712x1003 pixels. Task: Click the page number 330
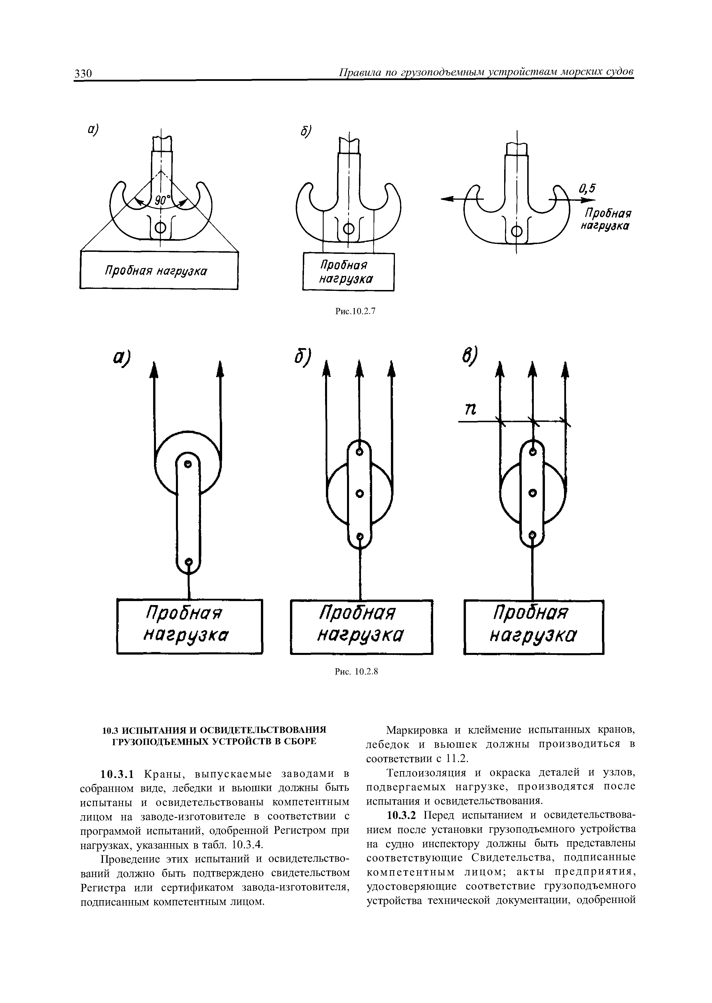point(83,73)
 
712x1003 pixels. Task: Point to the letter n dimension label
point(470,410)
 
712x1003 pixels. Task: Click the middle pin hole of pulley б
point(360,494)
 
